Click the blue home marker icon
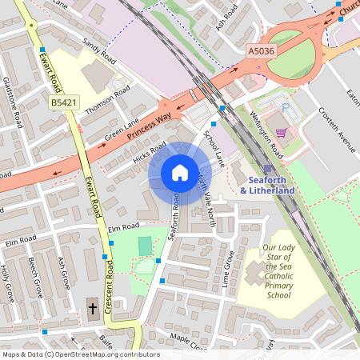click(180, 172)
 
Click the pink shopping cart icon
click(281, 133)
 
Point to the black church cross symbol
click(92, 307)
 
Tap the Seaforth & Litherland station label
click(267, 185)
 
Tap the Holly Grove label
click(6, 282)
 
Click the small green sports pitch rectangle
click(144, 246)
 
